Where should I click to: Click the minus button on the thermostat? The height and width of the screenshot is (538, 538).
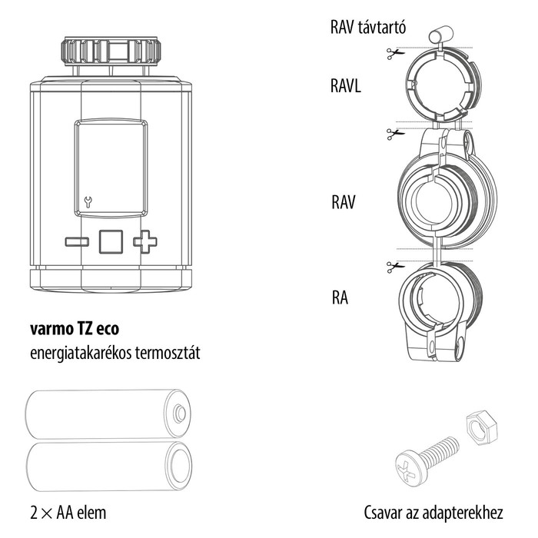click(77, 242)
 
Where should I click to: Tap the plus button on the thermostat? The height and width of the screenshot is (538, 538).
click(144, 242)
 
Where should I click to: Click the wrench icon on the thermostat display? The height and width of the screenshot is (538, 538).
click(87, 203)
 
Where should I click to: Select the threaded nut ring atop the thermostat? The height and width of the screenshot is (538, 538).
click(111, 51)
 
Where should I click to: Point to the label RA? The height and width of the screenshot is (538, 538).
click(339, 297)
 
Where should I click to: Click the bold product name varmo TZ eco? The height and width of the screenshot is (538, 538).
click(74, 328)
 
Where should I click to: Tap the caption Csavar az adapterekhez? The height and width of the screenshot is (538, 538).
click(433, 512)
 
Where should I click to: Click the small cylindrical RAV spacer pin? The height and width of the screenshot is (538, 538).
click(440, 32)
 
